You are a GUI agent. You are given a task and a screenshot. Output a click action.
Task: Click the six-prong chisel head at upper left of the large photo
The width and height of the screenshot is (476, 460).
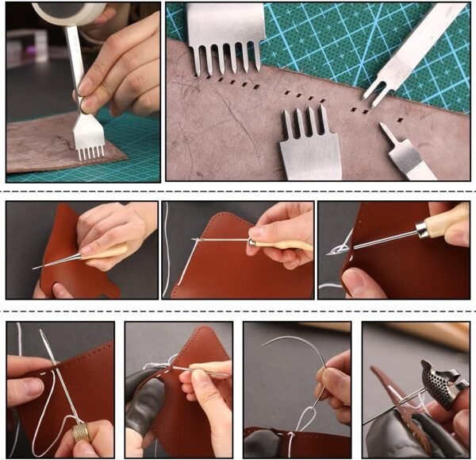point(225,36)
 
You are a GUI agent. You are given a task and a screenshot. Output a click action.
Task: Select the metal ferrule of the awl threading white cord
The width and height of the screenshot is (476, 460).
point(254,242)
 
